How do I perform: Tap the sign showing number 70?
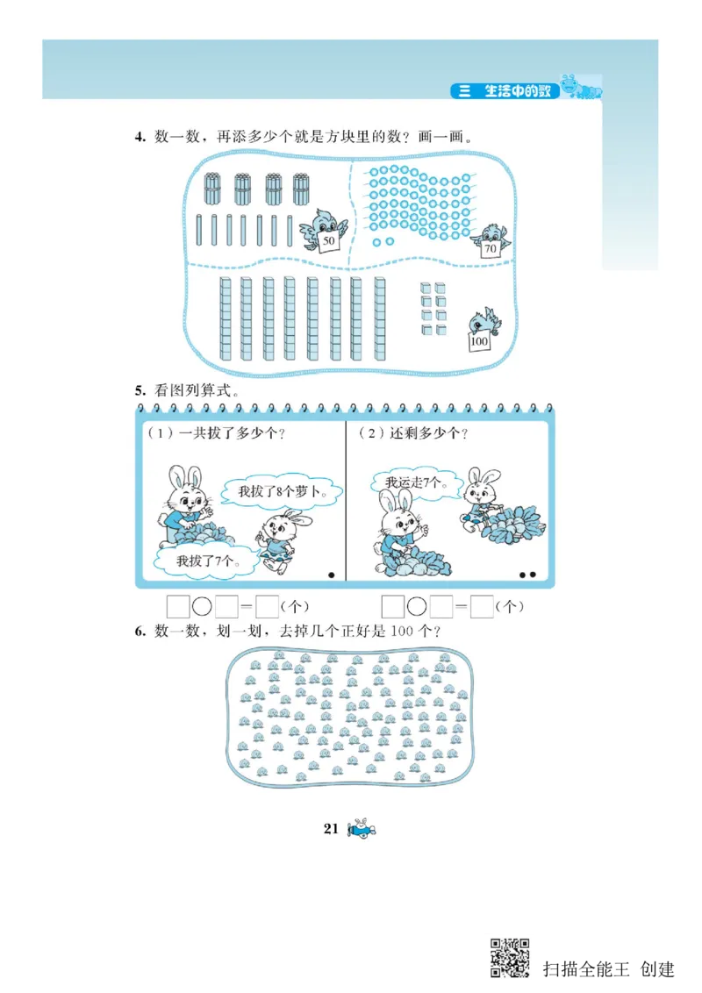491,249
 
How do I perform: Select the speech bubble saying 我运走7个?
419,483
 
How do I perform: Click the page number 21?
331,829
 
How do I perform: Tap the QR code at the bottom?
510,958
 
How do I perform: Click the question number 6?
139,631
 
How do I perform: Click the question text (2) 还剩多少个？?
413,433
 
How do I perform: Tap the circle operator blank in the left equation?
203,606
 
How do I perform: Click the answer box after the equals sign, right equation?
481,606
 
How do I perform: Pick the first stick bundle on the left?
211,188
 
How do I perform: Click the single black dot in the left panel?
331,575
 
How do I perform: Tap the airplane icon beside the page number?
361,829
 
